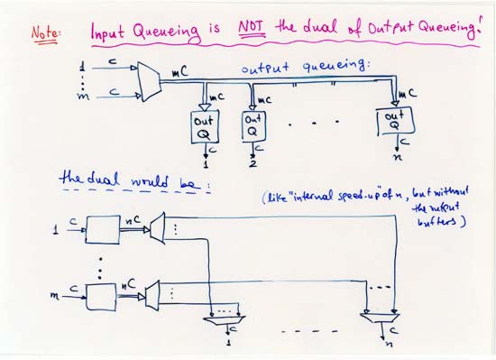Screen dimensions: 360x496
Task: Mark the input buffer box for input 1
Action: pyautogui.click(x=104, y=231)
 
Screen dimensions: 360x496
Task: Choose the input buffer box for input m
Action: pyautogui.click(x=103, y=295)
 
